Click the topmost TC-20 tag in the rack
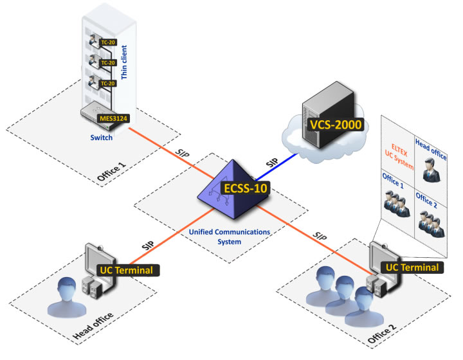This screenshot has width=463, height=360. pos(107,42)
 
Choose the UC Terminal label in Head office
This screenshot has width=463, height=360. pos(125,270)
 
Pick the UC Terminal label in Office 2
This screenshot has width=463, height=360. pos(411,267)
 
